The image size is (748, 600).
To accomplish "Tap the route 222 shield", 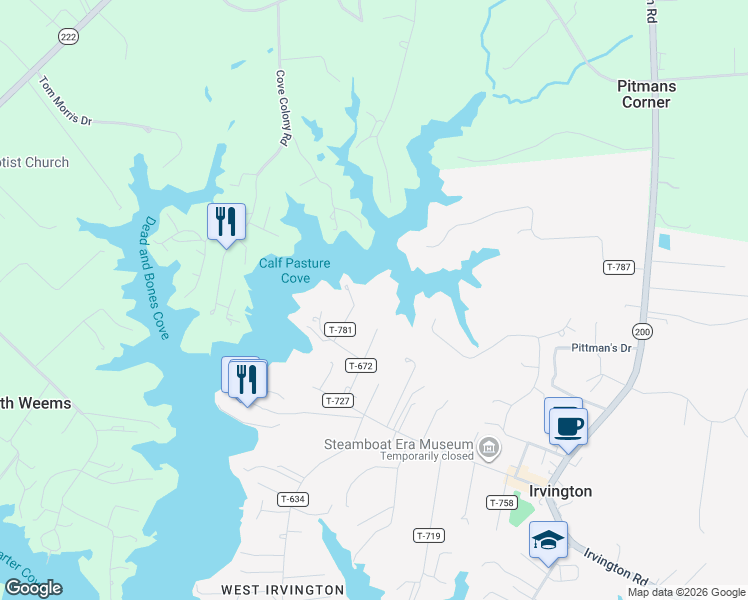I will [x=68, y=36].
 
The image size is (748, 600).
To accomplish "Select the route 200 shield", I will [x=641, y=331].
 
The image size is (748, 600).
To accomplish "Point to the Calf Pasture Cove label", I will [x=285, y=271].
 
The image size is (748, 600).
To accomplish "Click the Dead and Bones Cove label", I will [x=153, y=278].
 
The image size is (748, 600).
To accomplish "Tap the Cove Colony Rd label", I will [x=283, y=109].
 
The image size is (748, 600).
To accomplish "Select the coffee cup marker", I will [x=568, y=426].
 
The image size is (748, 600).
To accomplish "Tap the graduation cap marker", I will [x=548, y=540].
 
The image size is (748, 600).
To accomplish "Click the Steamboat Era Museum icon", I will [x=488, y=446].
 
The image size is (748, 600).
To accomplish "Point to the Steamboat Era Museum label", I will [x=397, y=444].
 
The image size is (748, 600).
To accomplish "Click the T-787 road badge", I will [x=619, y=267].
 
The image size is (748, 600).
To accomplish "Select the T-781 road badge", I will [x=340, y=329].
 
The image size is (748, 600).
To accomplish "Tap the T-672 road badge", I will [x=361, y=366].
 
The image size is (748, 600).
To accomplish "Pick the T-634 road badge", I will [x=292, y=499].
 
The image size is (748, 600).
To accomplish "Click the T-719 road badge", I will [x=428, y=536].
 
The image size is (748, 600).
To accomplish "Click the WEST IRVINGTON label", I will [x=282, y=590].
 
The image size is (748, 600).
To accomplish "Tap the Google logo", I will [x=34, y=588].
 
